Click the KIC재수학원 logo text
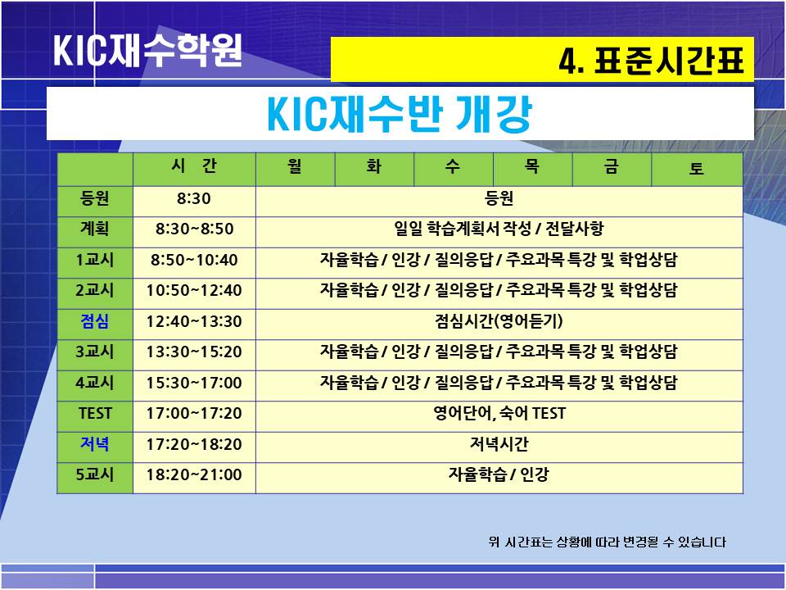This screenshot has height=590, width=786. [x=148, y=50]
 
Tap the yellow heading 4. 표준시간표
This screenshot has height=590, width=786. [x=651, y=60]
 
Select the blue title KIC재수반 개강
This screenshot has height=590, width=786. [x=400, y=114]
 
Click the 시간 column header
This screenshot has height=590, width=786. [x=194, y=166]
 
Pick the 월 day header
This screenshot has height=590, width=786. [x=296, y=166]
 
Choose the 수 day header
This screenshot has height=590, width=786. [x=453, y=166]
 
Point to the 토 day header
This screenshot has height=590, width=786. [x=697, y=168]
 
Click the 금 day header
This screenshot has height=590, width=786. [x=612, y=166]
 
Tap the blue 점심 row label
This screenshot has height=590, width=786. [x=95, y=321]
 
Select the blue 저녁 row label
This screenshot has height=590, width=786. [x=95, y=444]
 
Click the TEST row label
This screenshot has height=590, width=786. [x=95, y=413]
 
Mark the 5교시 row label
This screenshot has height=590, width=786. [x=95, y=474]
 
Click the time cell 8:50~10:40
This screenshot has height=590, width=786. [x=194, y=260]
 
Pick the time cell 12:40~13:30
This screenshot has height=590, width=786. [x=194, y=321]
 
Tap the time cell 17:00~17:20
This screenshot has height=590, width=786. [x=194, y=413]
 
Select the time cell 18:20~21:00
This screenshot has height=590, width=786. [x=194, y=474]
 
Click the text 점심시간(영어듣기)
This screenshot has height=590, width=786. [x=499, y=321]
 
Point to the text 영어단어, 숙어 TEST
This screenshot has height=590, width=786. [x=499, y=413]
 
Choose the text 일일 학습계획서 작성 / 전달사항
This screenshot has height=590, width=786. [x=499, y=229]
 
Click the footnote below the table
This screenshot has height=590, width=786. [x=607, y=542]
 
